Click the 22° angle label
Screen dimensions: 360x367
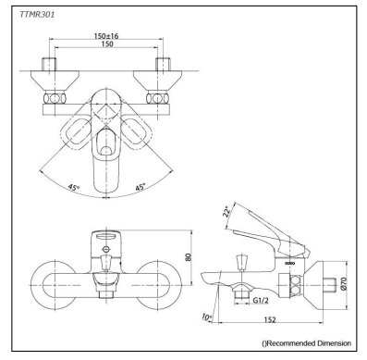(x=226, y=212)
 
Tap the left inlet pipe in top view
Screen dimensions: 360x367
(x=51, y=73)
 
